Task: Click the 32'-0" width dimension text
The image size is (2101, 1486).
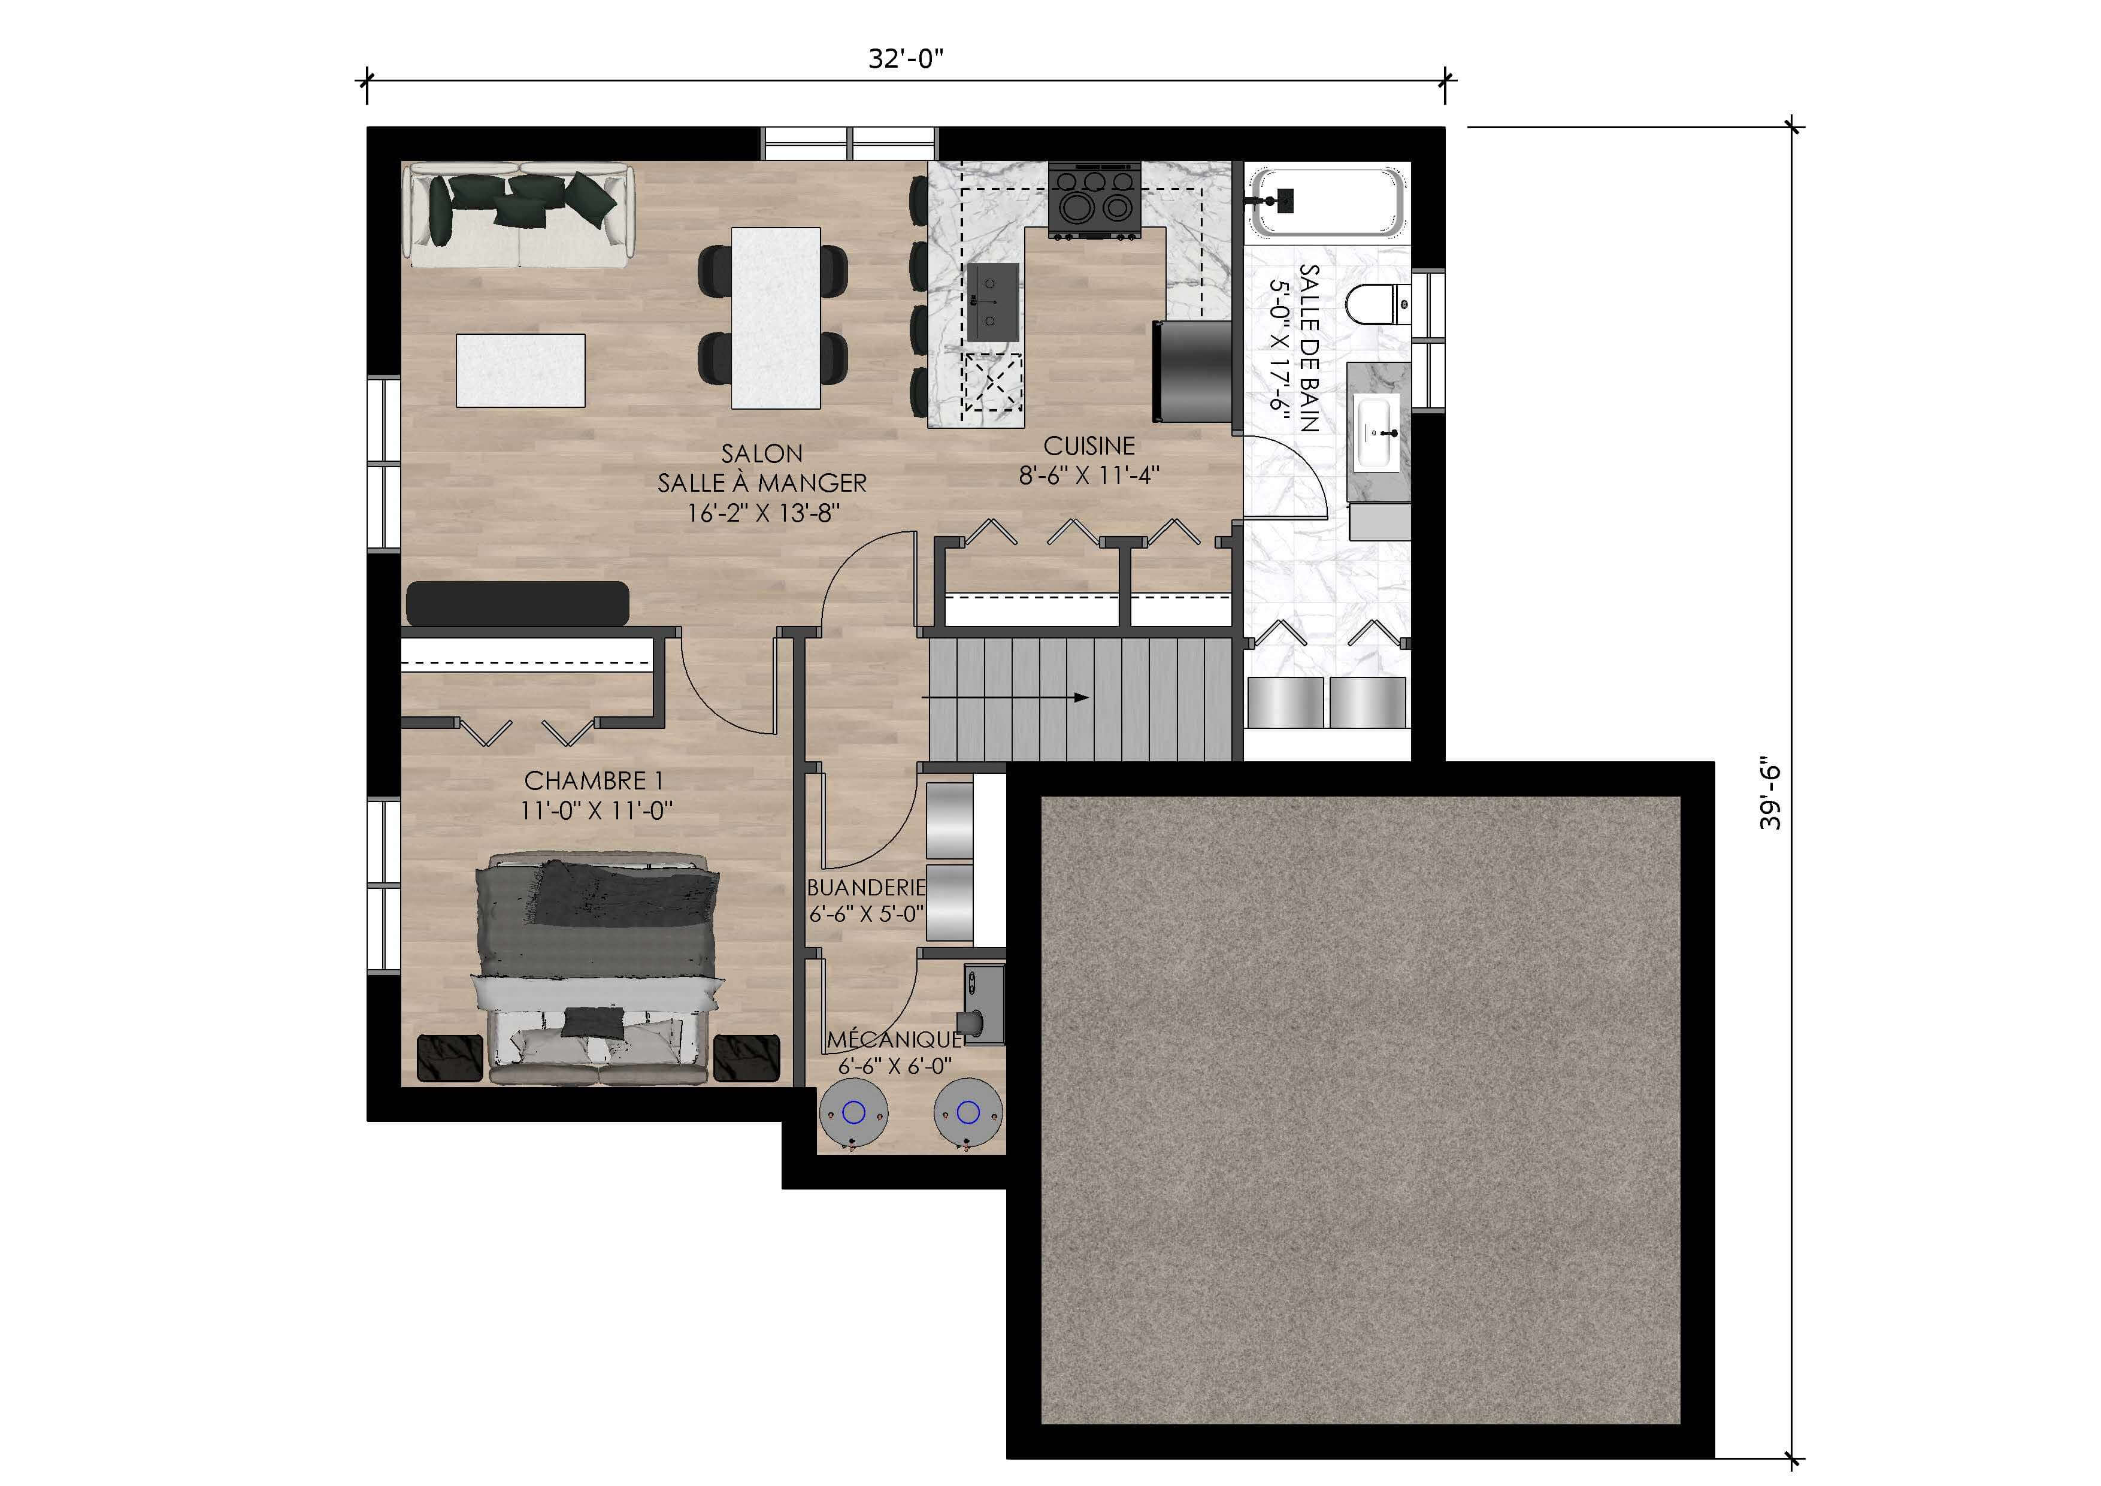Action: (906, 59)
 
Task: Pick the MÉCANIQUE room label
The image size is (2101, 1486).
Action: (894, 1039)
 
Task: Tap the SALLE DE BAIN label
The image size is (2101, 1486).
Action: (1309, 348)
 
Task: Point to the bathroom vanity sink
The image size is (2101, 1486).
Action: (1377, 432)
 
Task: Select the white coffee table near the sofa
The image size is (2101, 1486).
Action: (520, 371)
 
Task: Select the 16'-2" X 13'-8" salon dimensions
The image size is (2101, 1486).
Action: (763, 513)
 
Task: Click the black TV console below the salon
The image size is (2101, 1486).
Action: (517, 604)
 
